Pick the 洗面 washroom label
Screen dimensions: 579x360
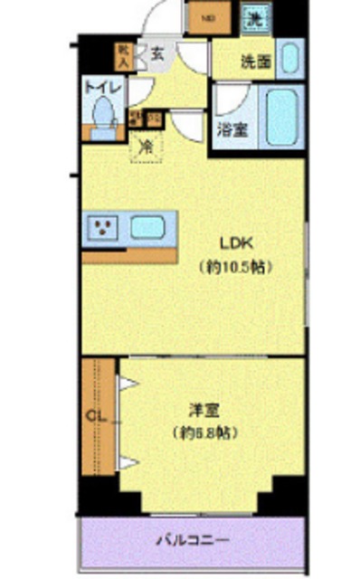click(255, 62)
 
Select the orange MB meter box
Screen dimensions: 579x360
click(208, 16)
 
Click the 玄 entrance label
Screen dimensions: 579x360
click(157, 53)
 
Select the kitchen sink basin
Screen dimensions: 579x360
click(149, 227)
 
